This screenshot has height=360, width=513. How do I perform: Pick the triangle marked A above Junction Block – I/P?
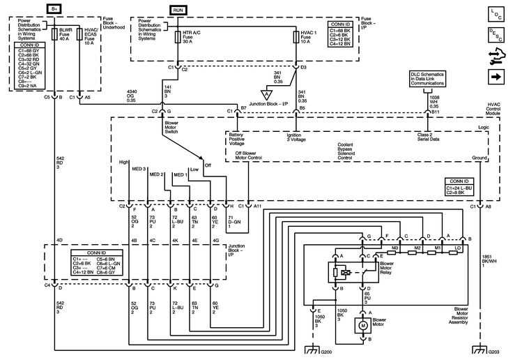pyautogui.click(x=266, y=93)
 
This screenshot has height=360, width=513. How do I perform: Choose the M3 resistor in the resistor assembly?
pyautogui.click(x=395, y=248)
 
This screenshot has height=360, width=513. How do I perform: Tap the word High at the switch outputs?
pyautogui.click(x=123, y=162)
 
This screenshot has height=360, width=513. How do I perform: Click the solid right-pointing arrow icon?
pyautogui.click(x=496, y=75)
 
